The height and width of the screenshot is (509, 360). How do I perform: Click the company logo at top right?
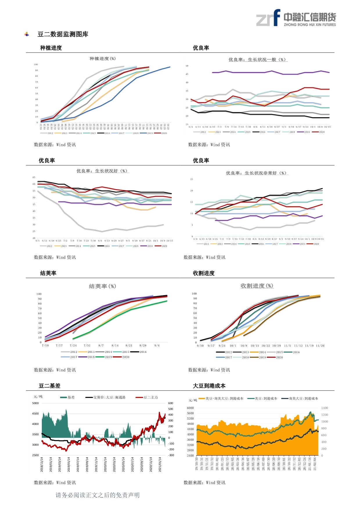pos(296,18)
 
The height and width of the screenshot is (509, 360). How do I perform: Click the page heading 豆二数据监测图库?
pos(63,34)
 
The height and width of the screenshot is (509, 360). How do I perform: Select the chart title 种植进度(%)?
pos(102,59)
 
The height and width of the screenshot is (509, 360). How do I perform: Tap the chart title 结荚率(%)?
pos(102,286)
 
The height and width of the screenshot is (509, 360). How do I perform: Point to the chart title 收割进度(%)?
pos(257,286)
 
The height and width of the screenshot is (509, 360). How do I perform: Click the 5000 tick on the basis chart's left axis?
pos(35,403)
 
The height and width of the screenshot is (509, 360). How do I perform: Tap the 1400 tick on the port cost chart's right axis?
pos(325,408)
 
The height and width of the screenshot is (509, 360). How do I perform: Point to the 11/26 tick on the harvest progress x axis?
pos(320,346)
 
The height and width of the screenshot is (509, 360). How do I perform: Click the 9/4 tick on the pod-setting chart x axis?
pos(157,346)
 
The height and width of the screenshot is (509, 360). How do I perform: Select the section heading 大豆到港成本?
pos(209,386)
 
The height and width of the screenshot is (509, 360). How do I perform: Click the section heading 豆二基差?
pos(50,386)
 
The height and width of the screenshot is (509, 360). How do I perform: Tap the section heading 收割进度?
pos(204,273)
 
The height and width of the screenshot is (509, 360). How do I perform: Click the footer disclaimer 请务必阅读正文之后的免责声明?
pos(98,495)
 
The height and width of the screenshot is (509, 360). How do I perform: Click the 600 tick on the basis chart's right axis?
pos(171,403)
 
